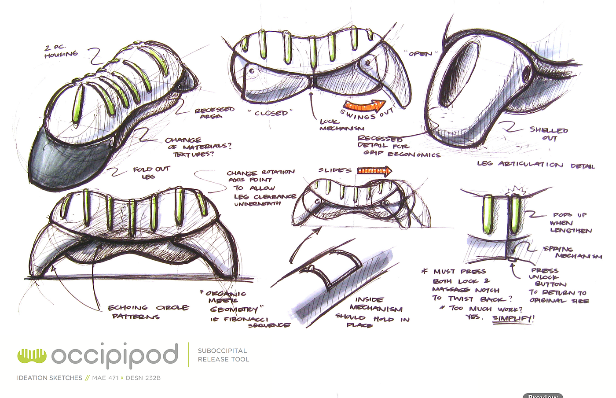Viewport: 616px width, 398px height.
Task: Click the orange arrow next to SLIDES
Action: [x=374, y=171]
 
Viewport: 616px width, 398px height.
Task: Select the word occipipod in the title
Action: [x=114, y=355]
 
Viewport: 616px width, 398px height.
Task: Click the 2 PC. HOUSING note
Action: [x=61, y=51]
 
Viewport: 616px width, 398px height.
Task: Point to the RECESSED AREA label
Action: [x=214, y=113]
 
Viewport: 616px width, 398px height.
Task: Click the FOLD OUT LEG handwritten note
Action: [x=151, y=172]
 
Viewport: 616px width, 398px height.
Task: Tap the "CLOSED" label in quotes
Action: [x=270, y=113]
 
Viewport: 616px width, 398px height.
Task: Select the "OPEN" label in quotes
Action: [x=421, y=54]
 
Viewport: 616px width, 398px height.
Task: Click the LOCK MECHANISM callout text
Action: [x=341, y=125]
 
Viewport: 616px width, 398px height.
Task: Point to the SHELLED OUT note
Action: [x=549, y=133]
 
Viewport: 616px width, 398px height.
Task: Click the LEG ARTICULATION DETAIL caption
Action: [x=535, y=165]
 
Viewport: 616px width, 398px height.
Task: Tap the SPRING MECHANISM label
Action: [x=572, y=252]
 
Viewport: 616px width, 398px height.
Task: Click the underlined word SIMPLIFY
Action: [x=513, y=318]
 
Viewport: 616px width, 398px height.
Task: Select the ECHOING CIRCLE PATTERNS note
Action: [x=148, y=312]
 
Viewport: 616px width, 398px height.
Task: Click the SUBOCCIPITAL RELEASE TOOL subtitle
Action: [x=223, y=355]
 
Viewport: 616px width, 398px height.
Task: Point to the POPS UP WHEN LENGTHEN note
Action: [x=571, y=222]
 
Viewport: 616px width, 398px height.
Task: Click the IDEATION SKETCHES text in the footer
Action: [x=49, y=378]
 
